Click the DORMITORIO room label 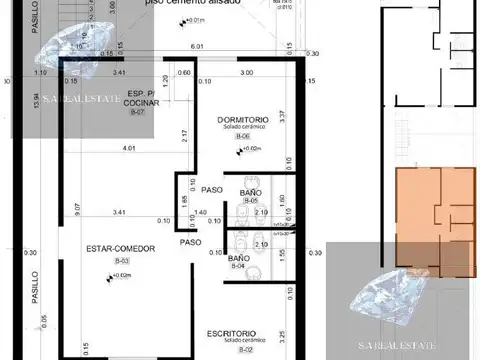(241, 121)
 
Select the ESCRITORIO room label (232, 333)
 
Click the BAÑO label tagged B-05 (250, 191)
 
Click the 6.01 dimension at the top (197, 46)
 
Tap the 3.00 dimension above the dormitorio (246, 73)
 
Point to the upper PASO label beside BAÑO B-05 (211, 190)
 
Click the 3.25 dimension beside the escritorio (282, 322)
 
